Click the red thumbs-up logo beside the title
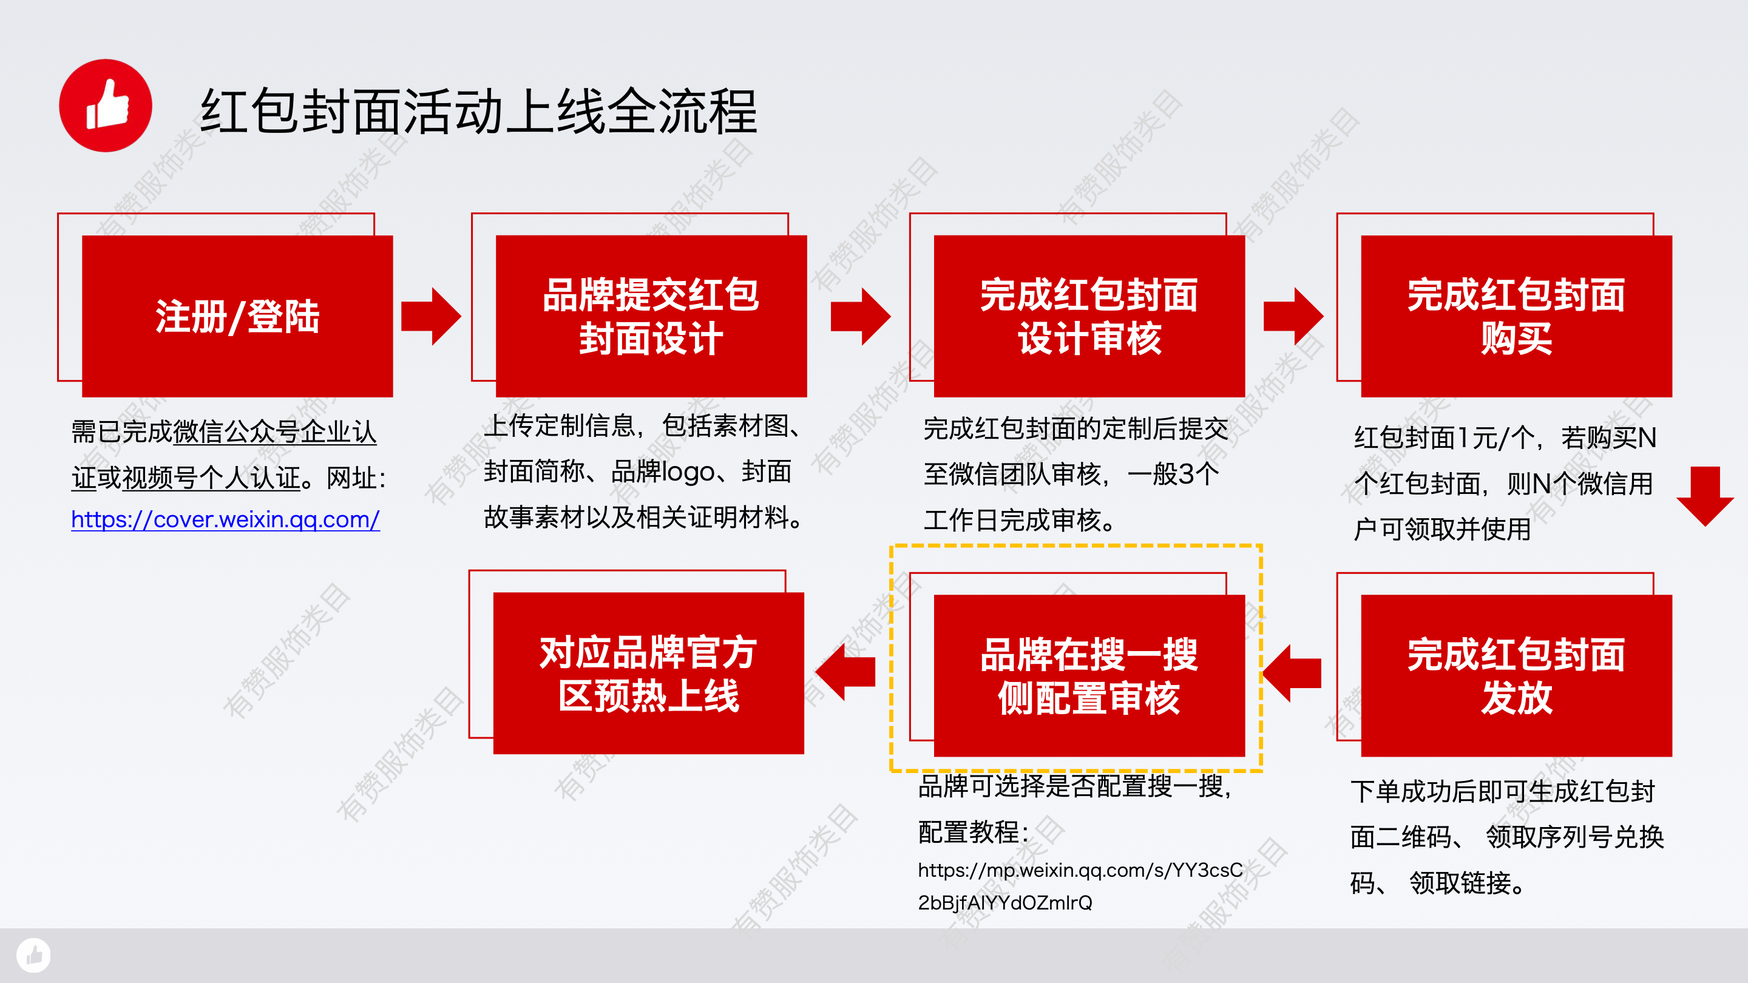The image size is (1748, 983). pos(105,105)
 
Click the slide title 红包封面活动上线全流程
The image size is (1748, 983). pos(478,111)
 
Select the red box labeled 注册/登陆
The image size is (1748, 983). pos(237,316)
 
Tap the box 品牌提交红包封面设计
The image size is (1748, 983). pos(651,316)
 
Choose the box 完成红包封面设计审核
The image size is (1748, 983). pos(1089,316)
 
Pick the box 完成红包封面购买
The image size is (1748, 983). pos(1517,316)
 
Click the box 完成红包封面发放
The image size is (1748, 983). pos(1517,676)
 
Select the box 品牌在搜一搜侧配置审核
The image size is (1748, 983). pos(1089,676)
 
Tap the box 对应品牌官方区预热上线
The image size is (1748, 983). pos(649,673)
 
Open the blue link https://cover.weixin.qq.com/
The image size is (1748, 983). pos(225,519)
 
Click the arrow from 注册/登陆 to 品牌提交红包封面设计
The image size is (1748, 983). pos(432,316)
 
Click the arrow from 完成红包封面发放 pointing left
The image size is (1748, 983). pos(1292,673)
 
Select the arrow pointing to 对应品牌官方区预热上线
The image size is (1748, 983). pos(845,672)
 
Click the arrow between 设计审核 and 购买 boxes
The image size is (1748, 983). pos(1293,316)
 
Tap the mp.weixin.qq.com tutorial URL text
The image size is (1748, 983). pos(1080,886)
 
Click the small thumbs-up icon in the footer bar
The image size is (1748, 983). pos(33,955)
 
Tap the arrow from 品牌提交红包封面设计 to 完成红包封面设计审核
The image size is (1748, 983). pos(861,316)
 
